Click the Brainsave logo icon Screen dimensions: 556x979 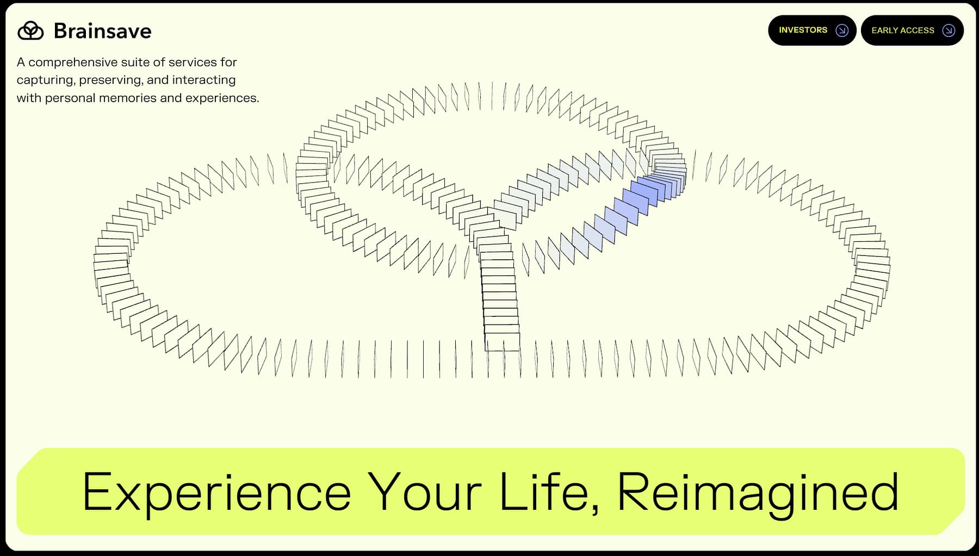point(30,31)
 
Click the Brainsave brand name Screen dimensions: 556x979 point(102,31)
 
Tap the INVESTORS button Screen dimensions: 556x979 point(803,30)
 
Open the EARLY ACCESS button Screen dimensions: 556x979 point(903,30)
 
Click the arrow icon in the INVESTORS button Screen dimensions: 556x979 point(842,30)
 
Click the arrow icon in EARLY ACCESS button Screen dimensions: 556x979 point(949,30)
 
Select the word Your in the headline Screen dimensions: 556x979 point(424,492)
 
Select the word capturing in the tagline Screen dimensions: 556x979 point(45,80)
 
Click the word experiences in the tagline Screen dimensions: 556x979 point(220,98)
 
